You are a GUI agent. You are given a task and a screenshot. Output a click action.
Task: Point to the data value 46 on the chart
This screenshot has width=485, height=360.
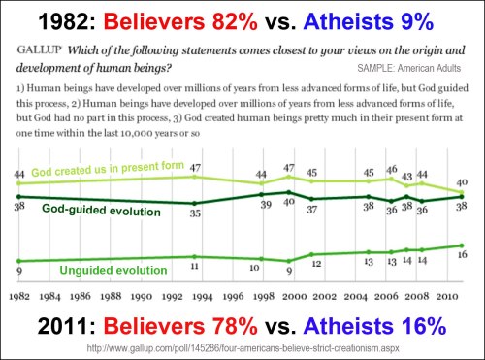point(391,169)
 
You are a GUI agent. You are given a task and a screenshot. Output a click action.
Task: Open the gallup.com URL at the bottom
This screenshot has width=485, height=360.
point(242,347)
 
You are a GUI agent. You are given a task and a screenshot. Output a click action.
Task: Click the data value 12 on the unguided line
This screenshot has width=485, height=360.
point(315,263)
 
